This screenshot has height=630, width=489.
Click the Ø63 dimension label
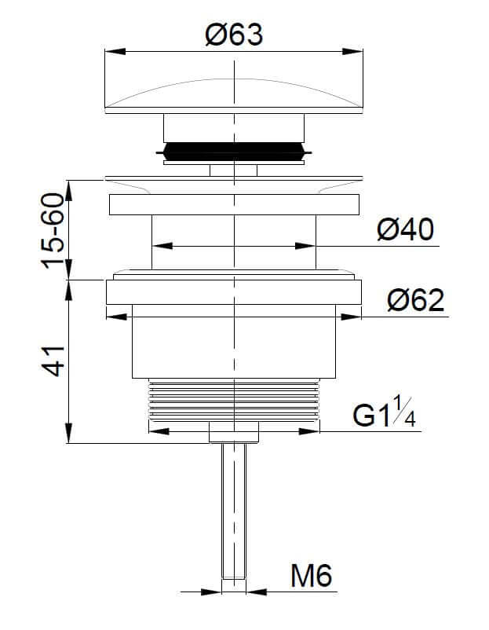[234, 35]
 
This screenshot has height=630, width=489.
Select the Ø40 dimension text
[406, 229]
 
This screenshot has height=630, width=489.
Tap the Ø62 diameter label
[416, 300]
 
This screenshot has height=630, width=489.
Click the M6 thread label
[311, 575]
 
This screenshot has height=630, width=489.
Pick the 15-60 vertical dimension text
[53, 231]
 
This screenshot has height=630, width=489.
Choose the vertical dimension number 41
[53, 361]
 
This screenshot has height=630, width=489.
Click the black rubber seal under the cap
[234, 152]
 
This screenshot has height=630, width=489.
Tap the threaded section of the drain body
[234, 399]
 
